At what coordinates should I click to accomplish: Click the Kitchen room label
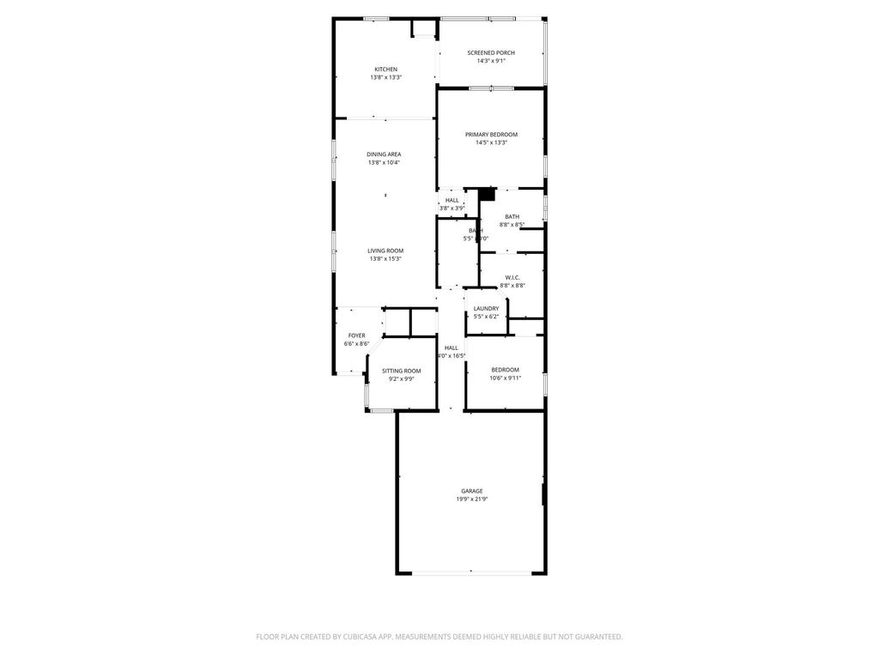click(385, 70)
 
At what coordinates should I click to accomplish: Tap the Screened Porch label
click(491, 53)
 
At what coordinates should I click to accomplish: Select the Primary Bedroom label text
click(491, 135)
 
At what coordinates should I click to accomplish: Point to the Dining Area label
click(384, 154)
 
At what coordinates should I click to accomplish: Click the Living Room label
click(385, 251)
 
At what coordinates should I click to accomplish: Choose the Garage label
click(471, 491)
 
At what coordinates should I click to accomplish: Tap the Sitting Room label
click(401, 371)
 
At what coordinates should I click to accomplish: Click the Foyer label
click(356, 336)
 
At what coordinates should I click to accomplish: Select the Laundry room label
click(486, 309)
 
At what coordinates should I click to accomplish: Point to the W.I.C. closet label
click(512, 277)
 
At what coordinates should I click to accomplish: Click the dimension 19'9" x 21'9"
click(472, 499)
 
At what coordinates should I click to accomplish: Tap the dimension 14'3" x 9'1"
click(491, 61)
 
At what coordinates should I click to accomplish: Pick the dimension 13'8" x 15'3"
click(385, 258)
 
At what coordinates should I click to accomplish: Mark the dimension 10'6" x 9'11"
click(505, 378)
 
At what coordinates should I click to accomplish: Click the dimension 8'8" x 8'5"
click(512, 225)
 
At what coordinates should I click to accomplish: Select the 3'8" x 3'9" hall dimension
click(452, 208)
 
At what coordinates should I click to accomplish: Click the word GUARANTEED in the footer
click(596, 637)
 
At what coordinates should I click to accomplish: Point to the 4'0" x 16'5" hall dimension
click(452, 356)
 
